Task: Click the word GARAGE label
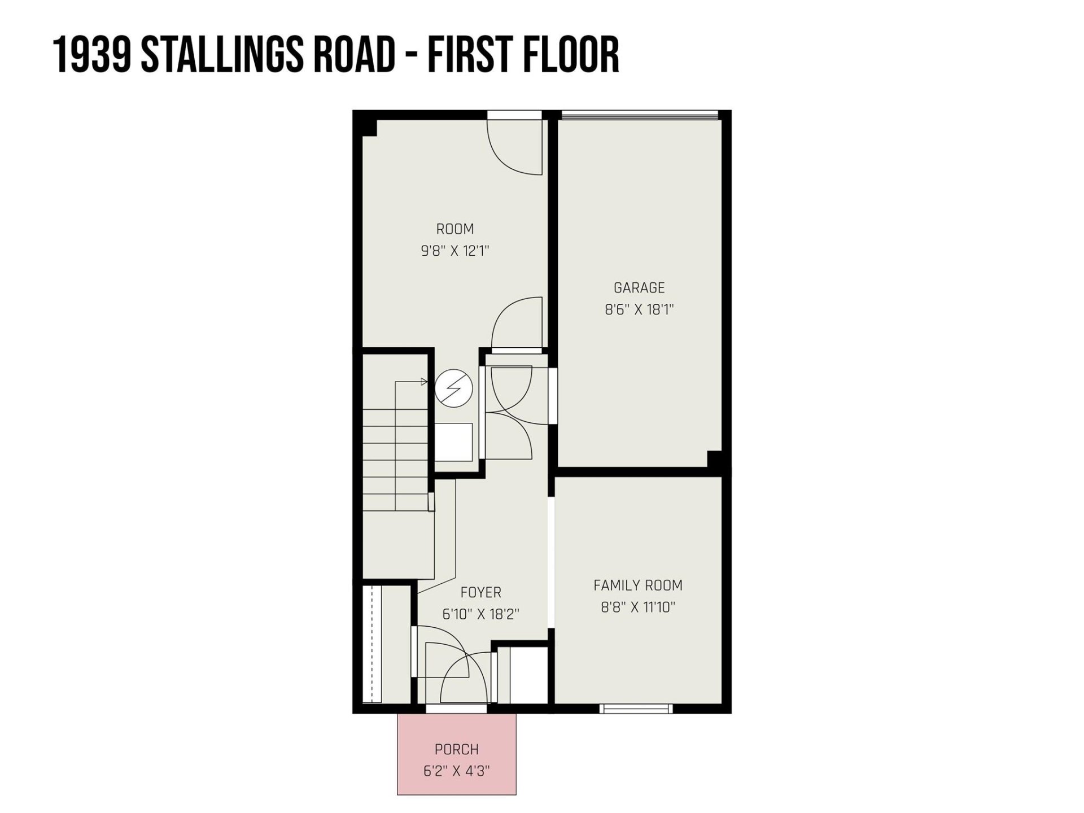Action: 639,288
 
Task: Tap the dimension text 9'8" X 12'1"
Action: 454,251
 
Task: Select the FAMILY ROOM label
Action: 637,585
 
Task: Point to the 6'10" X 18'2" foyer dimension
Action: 480,614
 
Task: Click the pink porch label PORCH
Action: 456,749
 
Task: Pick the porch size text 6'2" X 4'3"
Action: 456,771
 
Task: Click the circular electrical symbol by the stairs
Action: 453,388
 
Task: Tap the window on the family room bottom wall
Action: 636,708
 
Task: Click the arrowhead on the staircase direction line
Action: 425,382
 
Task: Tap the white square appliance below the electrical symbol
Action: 453,442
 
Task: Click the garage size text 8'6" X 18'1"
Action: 639,309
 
